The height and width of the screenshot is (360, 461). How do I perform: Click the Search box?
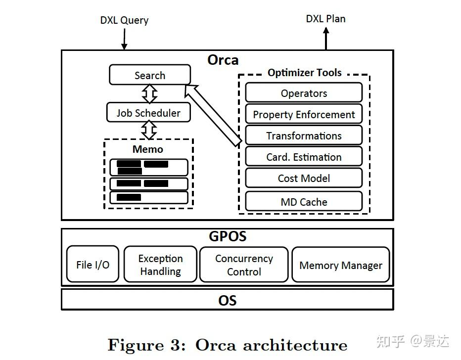point(149,75)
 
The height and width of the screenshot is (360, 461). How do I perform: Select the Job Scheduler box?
point(149,112)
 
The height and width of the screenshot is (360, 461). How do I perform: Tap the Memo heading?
point(147,149)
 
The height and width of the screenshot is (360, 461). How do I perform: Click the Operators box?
point(304,93)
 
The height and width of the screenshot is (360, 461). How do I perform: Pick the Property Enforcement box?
point(304,114)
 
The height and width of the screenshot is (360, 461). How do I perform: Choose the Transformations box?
point(304,135)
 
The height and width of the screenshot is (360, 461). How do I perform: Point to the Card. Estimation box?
point(304,157)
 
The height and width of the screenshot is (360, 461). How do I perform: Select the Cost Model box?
point(304,178)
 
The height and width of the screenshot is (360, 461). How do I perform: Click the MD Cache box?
point(304,201)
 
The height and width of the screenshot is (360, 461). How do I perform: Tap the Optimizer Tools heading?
point(304,73)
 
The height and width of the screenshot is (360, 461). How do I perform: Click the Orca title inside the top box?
point(223,60)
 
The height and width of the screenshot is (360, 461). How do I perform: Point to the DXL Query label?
point(124,20)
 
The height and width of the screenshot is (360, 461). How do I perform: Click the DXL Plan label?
point(325,19)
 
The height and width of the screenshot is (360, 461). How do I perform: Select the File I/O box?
point(92,265)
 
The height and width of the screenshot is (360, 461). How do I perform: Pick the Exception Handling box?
point(160,265)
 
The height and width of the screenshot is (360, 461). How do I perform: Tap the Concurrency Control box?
point(244,265)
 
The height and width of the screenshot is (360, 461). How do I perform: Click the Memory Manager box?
point(341,265)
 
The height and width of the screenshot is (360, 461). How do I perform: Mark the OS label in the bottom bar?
point(228,300)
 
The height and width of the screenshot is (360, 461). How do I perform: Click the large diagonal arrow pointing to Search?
point(213,115)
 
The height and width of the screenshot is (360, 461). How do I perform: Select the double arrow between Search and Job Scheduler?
point(149,93)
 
